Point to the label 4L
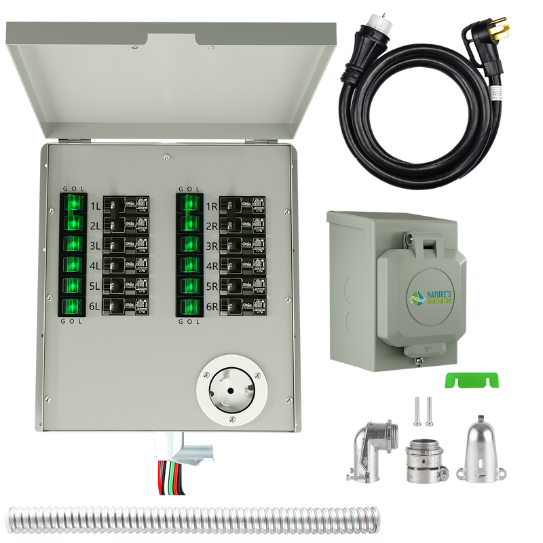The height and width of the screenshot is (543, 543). coord(94,265)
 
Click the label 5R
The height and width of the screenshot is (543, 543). coord(211,285)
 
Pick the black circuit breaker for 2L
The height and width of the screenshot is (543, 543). coord(124,224)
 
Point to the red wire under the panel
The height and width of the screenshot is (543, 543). coord(160,472)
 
